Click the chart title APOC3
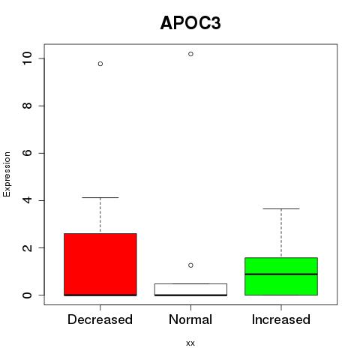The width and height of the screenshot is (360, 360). [x=190, y=23]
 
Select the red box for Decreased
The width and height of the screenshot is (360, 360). [x=100, y=265]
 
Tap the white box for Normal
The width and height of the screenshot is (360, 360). [x=190, y=289]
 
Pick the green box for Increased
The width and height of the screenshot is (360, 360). [x=281, y=276]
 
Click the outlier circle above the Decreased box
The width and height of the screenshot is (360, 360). [x=100, y=64]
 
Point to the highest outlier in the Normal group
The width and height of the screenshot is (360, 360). [x=190, y=54]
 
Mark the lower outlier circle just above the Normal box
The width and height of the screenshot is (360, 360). [x=190, y=265]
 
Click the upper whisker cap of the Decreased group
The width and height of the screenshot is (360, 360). [x=100, y=197]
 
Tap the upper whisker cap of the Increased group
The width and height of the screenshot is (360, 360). [x=281, y=208]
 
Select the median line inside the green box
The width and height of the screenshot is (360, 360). [x=281, y=274]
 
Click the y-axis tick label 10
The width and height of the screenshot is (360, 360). [x=27, y=58]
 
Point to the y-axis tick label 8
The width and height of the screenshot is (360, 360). [x=27, y=106]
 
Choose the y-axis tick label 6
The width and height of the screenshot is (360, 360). [x=27, y=153]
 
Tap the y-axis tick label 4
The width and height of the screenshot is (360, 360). [x=27, y=200]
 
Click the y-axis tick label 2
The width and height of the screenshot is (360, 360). [x=27, y=247]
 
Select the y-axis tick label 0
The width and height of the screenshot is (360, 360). [x=27, y=295]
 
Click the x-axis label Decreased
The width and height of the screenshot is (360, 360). [x=100, y=319]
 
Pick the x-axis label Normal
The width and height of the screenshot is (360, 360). [x=190, y=319]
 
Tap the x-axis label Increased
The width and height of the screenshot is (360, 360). [x=281, y=319]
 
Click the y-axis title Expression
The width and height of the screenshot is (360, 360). [x=7, y=174]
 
